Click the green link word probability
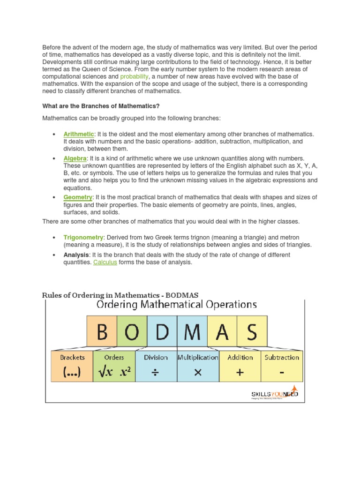pyautogui.click(x=134, y=76)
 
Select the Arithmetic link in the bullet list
pyautogui.click(x=79, y=135)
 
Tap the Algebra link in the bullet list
pyautogui.click(x=75, y=159)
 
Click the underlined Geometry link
pyautogui.click(x=78, y=197)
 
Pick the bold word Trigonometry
pyautogui.click(x=83, y=238)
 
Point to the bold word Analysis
pyautogui.click(x=76, y=255)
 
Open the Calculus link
pyautogui.click(x=105, y=262)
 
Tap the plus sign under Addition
pyautogui.click(x=240, y=372)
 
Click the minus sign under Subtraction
pyautogui.click(x=281, y=372)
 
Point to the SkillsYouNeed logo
pyautogui.click(x=275, y=395)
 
